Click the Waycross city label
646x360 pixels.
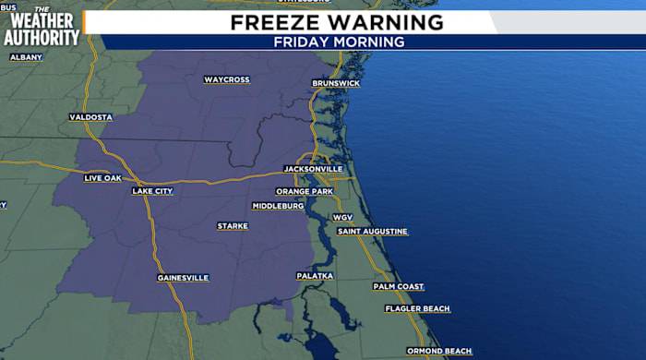pos(227,79)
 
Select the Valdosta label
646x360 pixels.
pos(90,117)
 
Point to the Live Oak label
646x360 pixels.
pos(102,177)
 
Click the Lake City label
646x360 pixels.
pos(152,191)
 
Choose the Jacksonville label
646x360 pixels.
pos(313,169)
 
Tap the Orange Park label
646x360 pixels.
pos(304,191)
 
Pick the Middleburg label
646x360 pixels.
pos(278,206)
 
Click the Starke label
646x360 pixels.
pos(233,226)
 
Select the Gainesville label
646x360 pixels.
pos(183,277)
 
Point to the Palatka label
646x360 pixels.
pos(315,276)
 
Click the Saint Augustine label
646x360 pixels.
pos(372,231)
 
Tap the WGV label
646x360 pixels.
pos(343,217)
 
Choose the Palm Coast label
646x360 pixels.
pos(399,286)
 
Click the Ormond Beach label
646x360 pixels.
pos(439,351)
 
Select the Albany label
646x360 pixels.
pos(26,57)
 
